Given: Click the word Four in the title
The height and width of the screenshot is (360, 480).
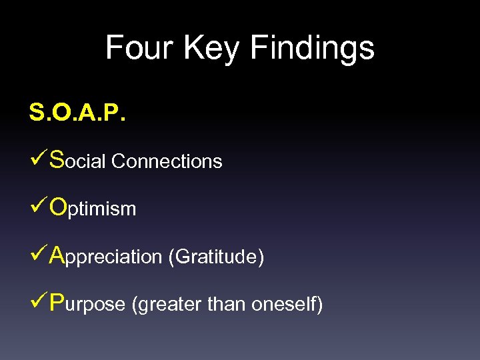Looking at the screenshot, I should (x=139, y=48).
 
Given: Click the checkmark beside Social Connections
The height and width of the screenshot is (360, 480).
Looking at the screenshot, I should (x=38, y=160).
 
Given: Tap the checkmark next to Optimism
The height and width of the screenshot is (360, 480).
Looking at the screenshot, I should (x=38, y=207).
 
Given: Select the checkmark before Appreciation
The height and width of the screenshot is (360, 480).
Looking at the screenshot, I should (x=38, y=255).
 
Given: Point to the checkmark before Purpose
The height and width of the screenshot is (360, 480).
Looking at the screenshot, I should (x=38, y=303).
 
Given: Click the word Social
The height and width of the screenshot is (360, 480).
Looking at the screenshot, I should (x=79, y=161).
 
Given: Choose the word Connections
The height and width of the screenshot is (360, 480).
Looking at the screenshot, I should (x=167, y=161).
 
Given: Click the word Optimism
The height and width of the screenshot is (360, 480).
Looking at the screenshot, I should (x=93, y=209).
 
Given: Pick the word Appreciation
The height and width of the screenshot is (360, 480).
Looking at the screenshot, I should (x=107, y=257).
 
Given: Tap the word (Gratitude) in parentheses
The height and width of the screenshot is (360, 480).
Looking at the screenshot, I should (x=216, y=257).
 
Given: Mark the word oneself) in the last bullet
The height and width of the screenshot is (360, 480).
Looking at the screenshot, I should (x=287, y=305).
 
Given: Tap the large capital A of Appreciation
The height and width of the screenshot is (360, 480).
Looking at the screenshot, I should (x=58, y=255).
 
